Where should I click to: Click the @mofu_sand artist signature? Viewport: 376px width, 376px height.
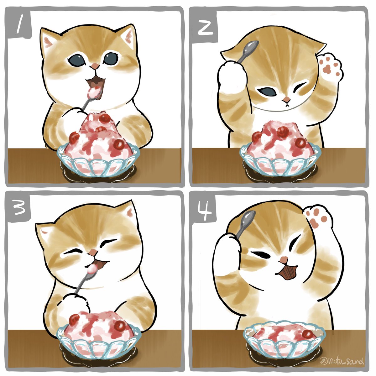[x=342, y=361]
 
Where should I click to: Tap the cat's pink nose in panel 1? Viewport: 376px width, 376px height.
[x=95, y=66]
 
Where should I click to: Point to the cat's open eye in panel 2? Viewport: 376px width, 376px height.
[x=268, y=91]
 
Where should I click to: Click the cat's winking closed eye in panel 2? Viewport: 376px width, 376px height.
[x=299, y=86]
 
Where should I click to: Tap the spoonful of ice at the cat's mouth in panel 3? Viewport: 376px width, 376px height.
[x=92, y=268]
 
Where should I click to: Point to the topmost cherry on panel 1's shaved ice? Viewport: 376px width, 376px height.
[x=105, y=118]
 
